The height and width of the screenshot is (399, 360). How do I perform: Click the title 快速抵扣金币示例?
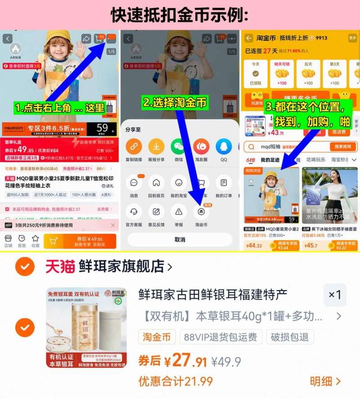click(x=180, y=15)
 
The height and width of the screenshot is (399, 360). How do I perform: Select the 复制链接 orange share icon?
click(x=134, y=147)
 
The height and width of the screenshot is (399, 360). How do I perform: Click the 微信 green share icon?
click(x=179, y=147)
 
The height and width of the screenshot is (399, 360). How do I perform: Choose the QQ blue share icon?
click(x=224, y=147)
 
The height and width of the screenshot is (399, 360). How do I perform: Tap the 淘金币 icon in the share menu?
click(x=201, y=211)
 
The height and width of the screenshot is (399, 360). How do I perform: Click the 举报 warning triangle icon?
click(x=179, y=211)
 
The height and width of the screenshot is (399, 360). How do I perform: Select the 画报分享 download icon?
click(x=156, y=147)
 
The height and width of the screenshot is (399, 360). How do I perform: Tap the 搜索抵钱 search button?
click(x=342, y=147)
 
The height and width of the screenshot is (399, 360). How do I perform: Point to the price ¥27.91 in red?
click(x=184, y=361)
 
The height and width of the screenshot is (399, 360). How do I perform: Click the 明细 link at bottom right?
click(x=325, y=381)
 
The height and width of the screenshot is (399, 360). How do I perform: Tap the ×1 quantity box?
click(x=335, y=295)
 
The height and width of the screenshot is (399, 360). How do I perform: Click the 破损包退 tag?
click(x=290, y=337)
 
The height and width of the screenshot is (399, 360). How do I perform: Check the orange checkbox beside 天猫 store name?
click(x=24, y=267)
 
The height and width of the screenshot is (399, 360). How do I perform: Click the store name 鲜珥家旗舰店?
click(x=121, y=267)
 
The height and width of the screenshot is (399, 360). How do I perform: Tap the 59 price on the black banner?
click(x=103, y=128)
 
